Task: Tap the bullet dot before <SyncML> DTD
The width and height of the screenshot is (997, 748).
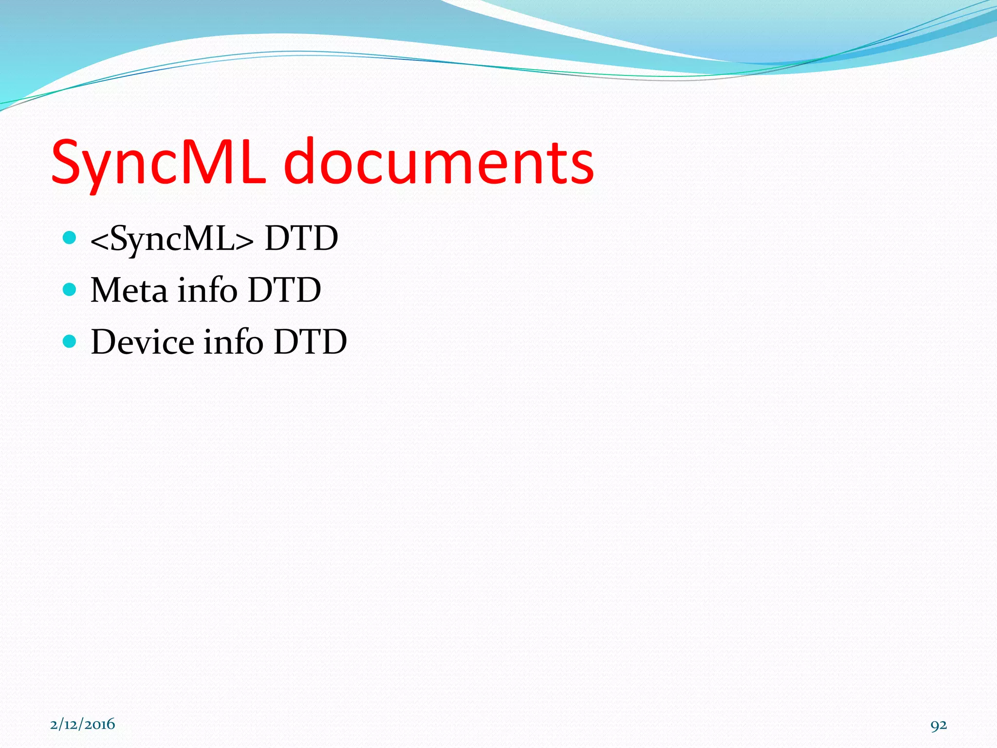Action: (70, 238)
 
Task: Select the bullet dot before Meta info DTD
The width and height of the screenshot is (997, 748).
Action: (70, 290)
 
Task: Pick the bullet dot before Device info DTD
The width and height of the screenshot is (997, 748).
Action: (70, 341)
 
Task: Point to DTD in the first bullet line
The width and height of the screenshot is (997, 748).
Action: (301, 239)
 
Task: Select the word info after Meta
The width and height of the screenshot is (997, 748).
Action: (207, 290)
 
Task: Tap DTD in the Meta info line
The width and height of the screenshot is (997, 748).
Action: (284, 290)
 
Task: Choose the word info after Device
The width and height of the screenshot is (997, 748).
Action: (233, 341)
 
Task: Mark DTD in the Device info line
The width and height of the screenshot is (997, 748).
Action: (310, 342)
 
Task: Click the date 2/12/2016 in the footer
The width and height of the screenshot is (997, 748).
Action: (82, 724)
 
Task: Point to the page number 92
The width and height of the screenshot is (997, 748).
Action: (939, 726)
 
